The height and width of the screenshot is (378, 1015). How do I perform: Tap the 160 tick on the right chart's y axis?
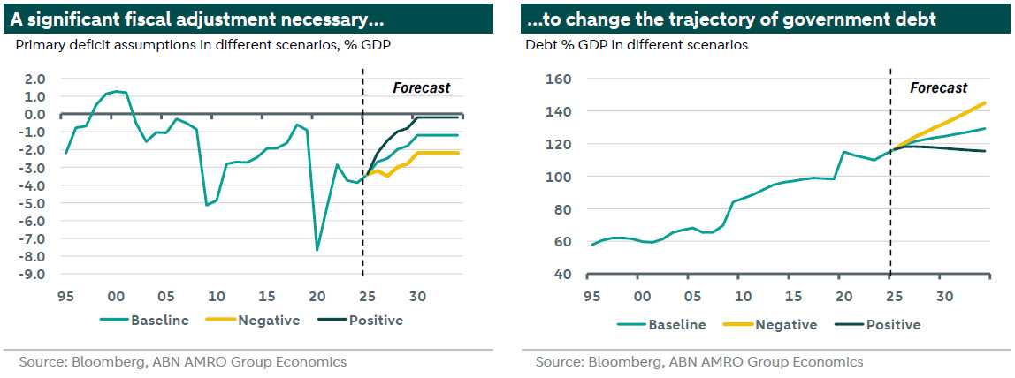pos(559,79)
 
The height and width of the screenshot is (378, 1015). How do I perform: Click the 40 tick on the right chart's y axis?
pos(562,274)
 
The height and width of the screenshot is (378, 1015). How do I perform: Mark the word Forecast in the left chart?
pos(421,88)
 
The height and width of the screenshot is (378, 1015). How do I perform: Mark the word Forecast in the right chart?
pos(939,88)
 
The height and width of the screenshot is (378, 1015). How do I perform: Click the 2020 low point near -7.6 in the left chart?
pos(317,250)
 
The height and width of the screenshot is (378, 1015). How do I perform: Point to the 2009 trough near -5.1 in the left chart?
pos(206,205)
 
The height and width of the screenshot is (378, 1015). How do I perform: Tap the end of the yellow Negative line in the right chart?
pos(986,102)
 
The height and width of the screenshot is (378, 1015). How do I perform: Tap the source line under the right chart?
pos(698,362)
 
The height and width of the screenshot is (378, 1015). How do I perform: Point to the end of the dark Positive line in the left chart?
pos(458,117)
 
